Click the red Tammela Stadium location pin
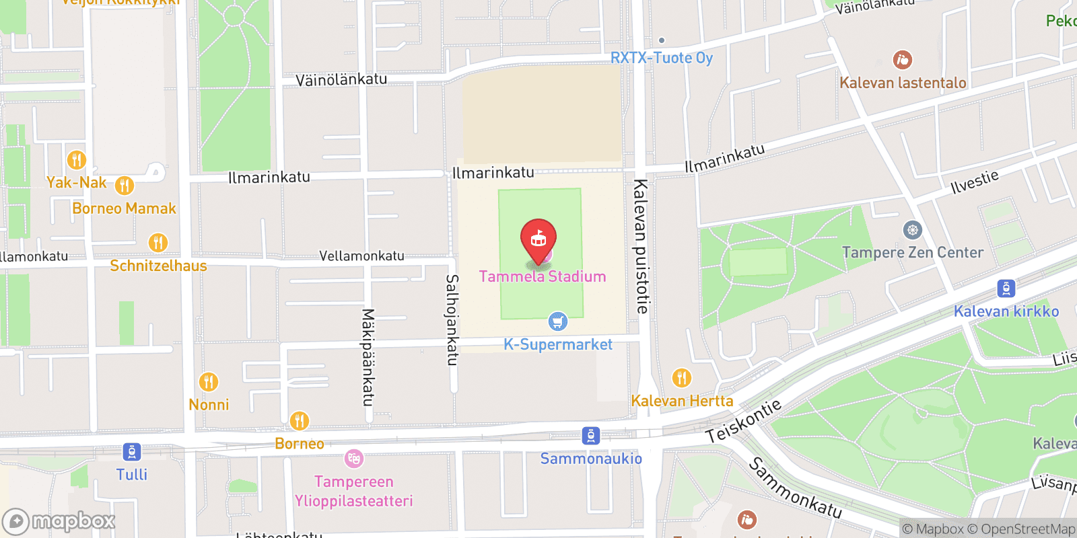538,239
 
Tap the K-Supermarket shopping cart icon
557,321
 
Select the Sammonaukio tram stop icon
590,436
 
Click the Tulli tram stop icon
132,452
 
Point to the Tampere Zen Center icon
912,230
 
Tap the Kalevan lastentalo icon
902,61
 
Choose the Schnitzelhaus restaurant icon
158,243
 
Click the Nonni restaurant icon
209,382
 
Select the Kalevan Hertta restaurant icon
682,378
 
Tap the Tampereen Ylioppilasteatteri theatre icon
353,459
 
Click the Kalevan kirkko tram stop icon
1006,289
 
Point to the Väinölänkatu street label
341,80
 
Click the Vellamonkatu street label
361,256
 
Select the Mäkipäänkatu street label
368,357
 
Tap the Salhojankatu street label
452,319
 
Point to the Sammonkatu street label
795,488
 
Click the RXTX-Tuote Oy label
661,58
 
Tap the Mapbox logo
59,521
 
